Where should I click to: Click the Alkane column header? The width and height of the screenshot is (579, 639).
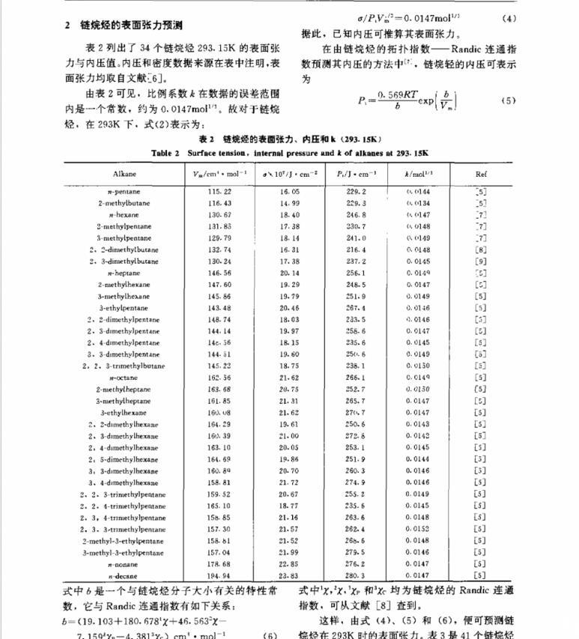(x=124, y=174)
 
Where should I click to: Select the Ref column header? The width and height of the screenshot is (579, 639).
(x=480, y=174)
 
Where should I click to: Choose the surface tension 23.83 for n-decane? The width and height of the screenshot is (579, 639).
(x=288, y=576)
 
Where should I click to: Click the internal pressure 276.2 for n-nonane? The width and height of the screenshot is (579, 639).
(x=351, y=564)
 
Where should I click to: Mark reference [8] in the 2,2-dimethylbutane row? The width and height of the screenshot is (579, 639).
(x=480, y=250)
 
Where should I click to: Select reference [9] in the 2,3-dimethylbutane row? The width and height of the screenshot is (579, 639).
(x=480, y=261)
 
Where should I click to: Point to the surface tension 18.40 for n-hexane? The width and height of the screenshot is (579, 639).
(x=288, y=215)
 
